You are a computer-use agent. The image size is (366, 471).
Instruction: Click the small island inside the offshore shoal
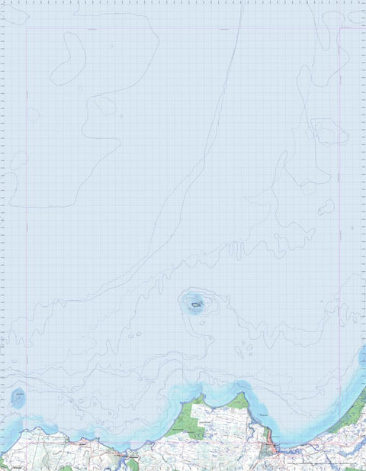point(197,305)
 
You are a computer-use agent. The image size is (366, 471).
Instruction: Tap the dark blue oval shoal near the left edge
point(18,396)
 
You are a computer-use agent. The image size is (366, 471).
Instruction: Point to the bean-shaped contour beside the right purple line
point(326,206)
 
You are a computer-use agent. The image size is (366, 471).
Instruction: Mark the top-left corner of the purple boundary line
point(27,29)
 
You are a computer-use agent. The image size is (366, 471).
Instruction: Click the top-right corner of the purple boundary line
point(339,29)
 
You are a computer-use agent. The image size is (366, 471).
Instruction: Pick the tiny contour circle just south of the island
point(203,320)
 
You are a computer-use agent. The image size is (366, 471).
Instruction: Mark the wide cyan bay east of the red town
point(305,431)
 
